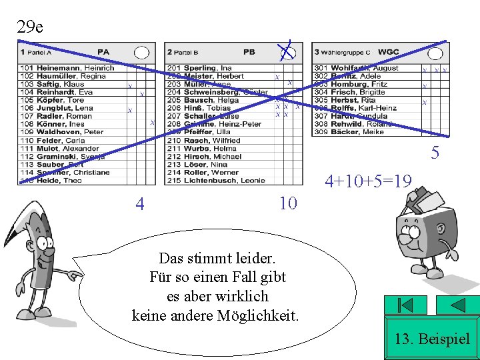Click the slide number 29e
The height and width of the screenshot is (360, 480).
30,27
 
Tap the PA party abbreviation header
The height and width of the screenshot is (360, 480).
103,52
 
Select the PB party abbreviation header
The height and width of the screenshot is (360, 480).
249,52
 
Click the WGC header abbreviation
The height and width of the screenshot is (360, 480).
388,52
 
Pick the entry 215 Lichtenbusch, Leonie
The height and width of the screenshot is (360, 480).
215,180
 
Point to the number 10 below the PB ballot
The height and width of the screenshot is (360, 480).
288,203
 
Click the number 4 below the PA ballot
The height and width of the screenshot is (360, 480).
139,203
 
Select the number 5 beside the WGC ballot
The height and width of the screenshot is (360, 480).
435,153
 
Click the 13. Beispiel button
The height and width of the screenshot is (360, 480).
432,339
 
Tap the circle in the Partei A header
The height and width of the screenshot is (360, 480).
141,52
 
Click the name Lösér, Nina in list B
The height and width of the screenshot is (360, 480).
206,164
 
